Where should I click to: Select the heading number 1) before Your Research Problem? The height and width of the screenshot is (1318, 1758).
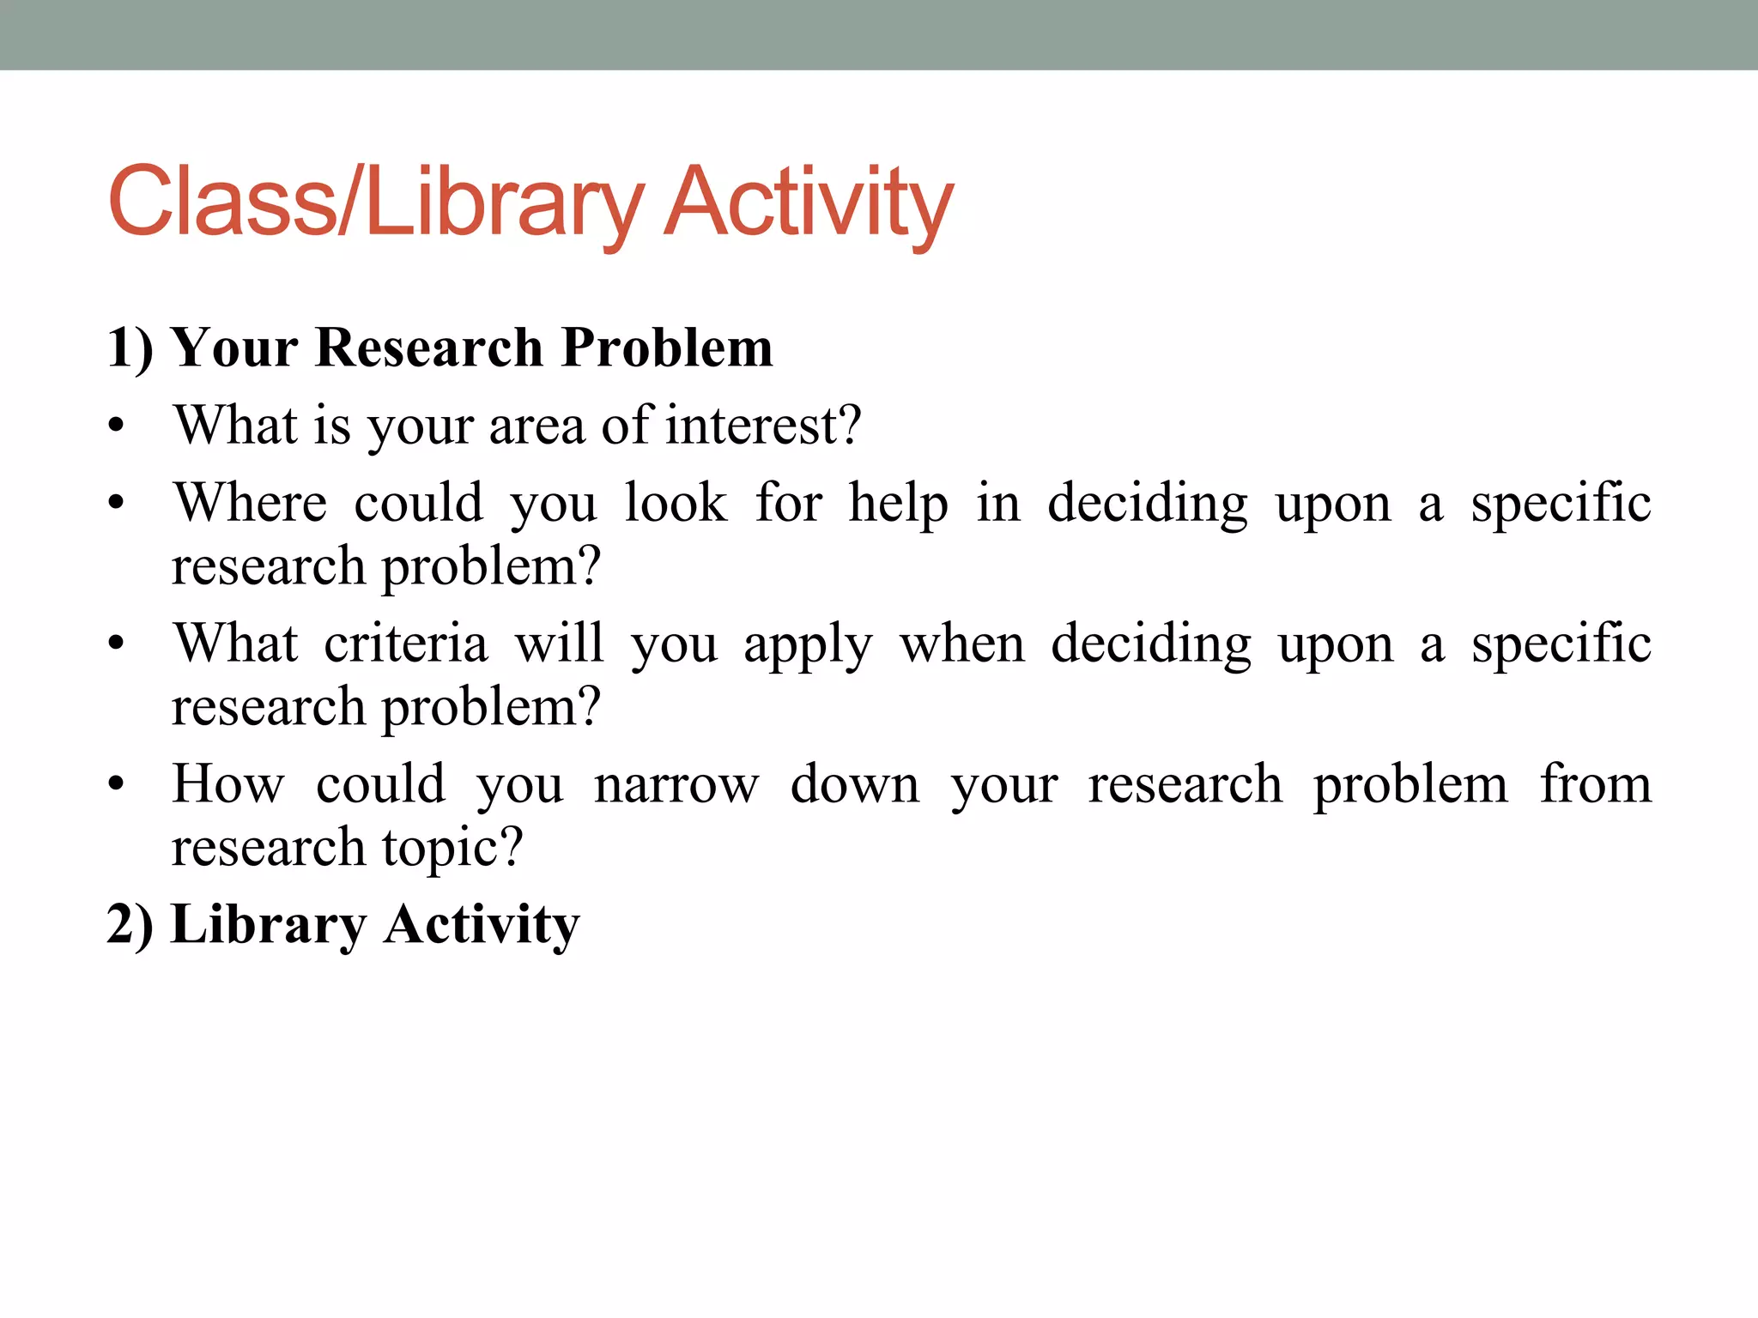[x=130, y=348]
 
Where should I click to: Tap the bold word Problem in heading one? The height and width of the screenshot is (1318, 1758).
[x=667, y=348]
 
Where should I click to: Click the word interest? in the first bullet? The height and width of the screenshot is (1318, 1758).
[x=763, y=425]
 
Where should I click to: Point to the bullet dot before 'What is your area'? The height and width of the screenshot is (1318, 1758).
[x=117, y=426]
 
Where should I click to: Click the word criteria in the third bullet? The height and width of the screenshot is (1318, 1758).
[x=405, y=644]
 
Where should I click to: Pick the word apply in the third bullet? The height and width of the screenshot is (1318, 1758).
[x=808, y=645]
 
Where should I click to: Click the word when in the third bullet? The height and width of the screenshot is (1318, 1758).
[x=962, y=644]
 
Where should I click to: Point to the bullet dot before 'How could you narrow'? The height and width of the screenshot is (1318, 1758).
[x=117, y=785]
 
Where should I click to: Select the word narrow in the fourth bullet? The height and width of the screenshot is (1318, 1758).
[x=676, y=785]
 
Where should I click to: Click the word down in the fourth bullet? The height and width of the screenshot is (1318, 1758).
[x=854, y=783]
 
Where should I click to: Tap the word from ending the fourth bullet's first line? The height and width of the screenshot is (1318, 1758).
[x=1595, y=783]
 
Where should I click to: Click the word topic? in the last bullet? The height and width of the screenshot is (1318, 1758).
[x=452, y=848]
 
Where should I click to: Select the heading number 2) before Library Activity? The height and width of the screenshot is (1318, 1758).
[x=130, y=925]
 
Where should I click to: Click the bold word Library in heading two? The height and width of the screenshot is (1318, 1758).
[x=269, y=925]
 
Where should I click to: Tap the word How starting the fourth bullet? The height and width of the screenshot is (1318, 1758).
[x=227, y=783]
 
